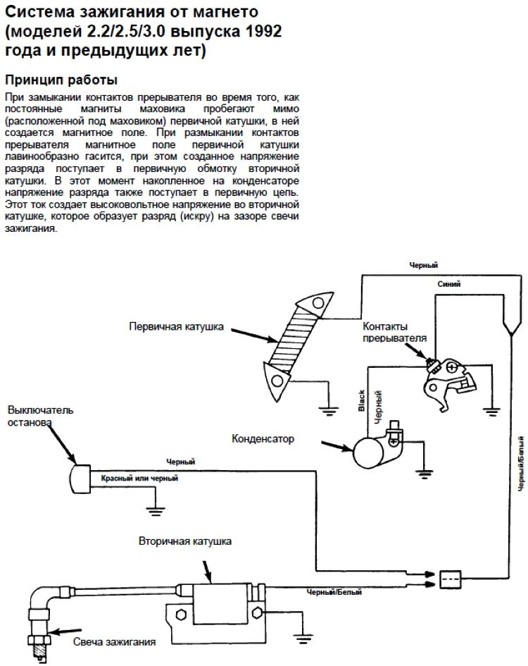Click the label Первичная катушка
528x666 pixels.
tap(176, 326)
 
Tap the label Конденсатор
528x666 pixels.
tap(263, 438)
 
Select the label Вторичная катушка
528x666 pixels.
tap(185, 541)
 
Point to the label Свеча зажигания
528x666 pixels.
tap(114, 641)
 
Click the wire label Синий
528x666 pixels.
tap(449, 284)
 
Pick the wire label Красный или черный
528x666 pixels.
tap(139, 479)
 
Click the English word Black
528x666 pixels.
tap(362, 400)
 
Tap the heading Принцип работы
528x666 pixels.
tap(61, 80)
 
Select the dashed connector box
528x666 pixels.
tap(450, 579)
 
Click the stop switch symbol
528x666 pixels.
tap(80, 479)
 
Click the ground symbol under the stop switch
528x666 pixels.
tap(156, 510)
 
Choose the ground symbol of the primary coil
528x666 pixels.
tap(329, 410)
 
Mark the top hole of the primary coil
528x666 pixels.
tap(318, 302)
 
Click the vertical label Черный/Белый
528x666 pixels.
tap(521, 464)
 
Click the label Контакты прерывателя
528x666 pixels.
tap(395, 332)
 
